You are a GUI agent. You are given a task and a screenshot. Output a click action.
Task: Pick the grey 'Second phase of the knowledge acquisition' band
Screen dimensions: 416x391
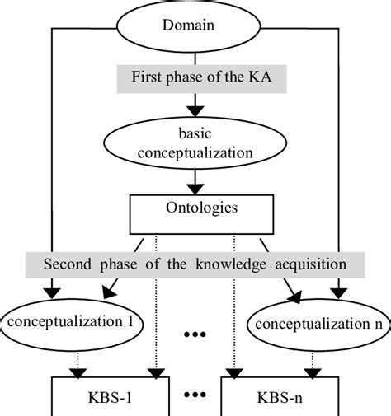tap(195, 265)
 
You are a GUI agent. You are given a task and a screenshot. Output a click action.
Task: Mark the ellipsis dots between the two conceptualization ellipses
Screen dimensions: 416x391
tap(195, 336)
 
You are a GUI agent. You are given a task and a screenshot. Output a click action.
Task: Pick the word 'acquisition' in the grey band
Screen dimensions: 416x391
tap(314, 265)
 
